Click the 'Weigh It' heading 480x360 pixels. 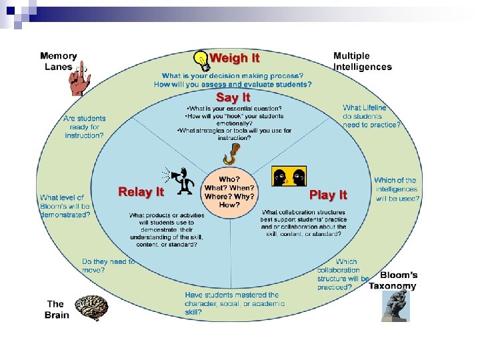[x=235, y=58]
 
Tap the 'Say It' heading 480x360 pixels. [x=233, y=97]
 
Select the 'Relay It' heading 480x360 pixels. [x=141, y=192]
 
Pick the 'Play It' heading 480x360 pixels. [x=328, y=195]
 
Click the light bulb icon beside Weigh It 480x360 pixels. [x=201, y=60]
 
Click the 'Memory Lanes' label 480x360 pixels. [x=59, y=61]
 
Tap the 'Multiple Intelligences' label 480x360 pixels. [x=362, y=61]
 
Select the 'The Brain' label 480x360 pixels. [x=57, y=309]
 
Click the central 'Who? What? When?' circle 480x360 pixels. [x=230, y=192]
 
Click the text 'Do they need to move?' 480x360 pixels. [x=108, y=266]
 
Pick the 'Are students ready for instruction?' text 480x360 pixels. [x=84, y=127]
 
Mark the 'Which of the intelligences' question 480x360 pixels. [x=396, y=189]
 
